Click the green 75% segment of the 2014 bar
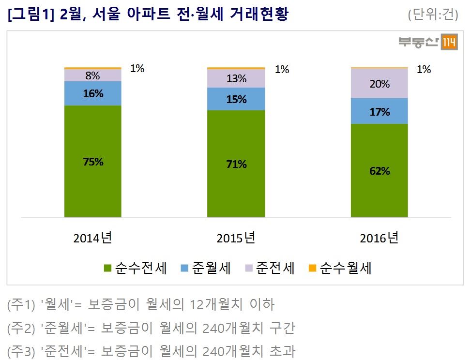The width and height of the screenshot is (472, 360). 92,161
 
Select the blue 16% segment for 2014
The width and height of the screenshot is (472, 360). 92,93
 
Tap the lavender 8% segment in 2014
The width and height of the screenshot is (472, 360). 92,75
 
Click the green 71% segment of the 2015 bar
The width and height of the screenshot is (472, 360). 236,164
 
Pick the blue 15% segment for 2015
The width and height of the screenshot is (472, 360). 236,99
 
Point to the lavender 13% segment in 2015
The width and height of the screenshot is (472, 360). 236,78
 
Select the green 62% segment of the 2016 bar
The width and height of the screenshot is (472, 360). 380,170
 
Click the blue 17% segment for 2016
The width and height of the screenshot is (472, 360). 380,111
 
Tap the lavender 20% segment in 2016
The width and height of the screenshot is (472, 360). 380,84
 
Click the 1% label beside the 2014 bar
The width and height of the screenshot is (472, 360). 137,69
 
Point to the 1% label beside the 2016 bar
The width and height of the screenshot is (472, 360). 424,70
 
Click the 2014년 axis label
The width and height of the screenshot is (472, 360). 92,238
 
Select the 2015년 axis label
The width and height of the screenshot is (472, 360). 236,238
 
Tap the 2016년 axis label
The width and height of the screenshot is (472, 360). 379,238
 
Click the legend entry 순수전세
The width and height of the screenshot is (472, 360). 136,268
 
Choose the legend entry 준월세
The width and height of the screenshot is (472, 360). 205,268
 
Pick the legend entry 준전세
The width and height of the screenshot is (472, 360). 270,268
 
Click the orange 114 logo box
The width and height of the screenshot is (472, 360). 448,43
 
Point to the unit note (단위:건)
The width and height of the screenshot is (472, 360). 433,15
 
